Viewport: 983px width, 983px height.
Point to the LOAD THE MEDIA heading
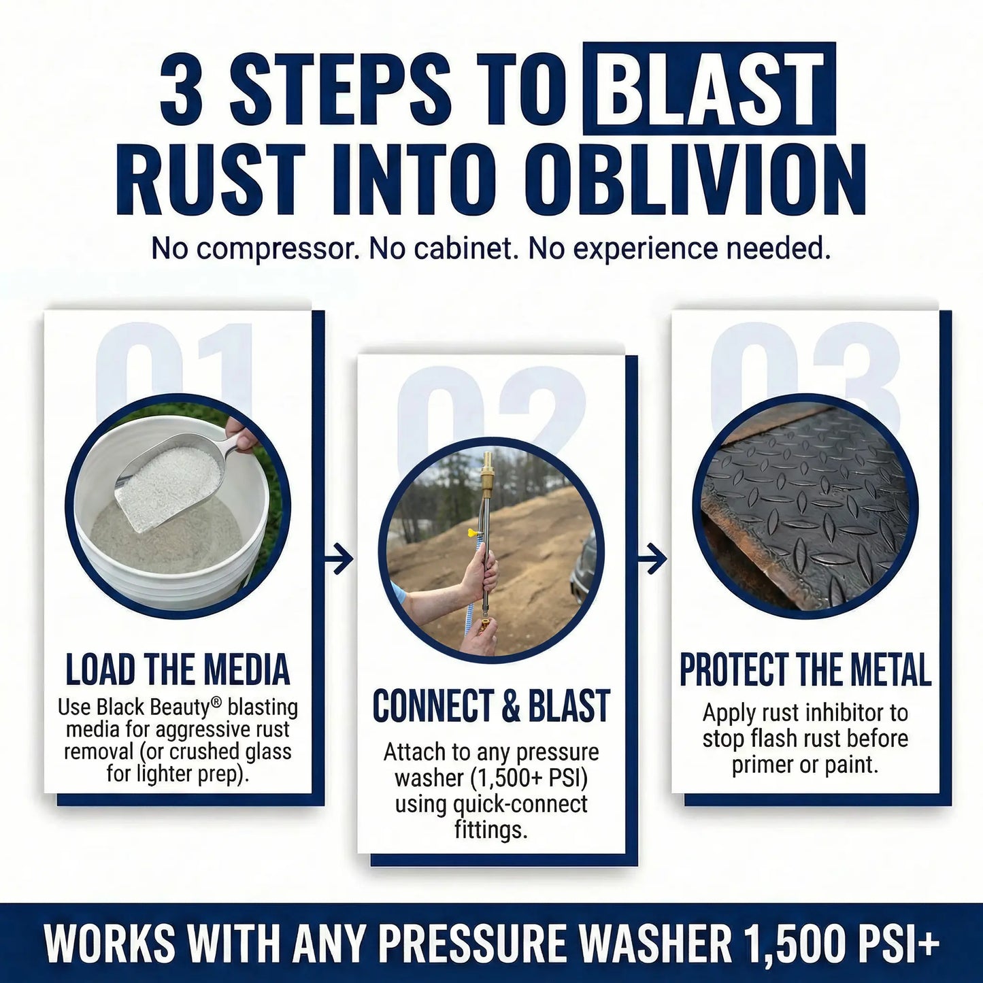178,669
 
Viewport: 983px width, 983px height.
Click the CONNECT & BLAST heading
491,705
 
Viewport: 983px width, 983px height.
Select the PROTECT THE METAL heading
805,670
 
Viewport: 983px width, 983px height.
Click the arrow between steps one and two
339,560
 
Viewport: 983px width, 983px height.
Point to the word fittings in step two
491,830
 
